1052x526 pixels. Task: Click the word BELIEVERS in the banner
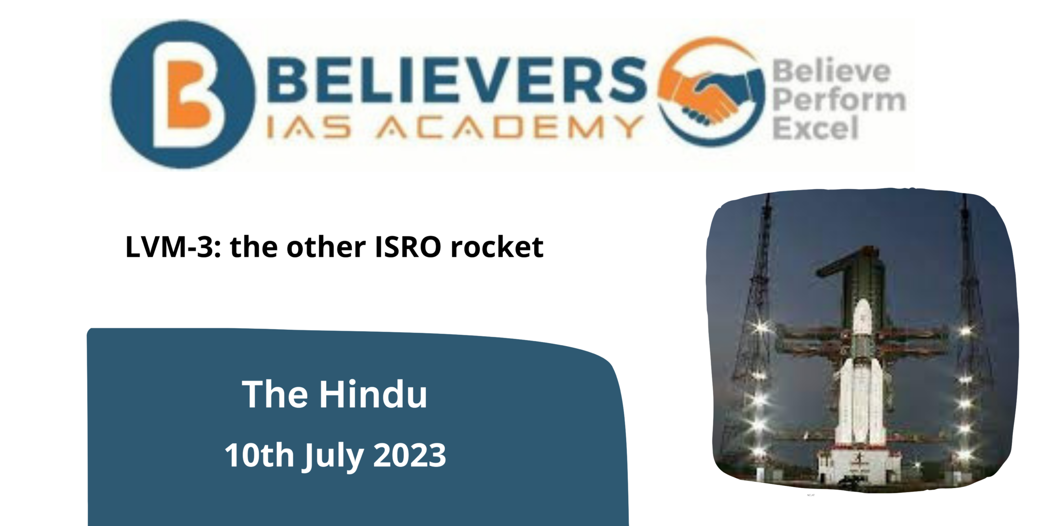456,80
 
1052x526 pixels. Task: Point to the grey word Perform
838,100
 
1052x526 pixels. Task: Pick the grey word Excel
815,128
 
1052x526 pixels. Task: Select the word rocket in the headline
497,247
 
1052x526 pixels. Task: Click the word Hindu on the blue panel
373,394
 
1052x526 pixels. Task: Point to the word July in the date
334,456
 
